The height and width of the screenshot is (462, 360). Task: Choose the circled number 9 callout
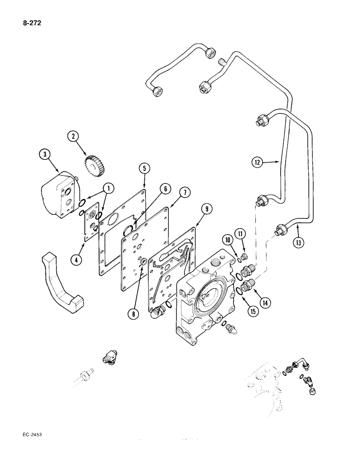point(207,209)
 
